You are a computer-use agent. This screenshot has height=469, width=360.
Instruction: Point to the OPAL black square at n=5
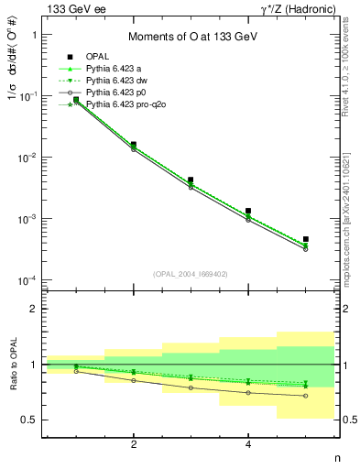click(x=306, y=239)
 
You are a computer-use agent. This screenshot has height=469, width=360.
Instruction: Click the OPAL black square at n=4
click(x=248, y=211)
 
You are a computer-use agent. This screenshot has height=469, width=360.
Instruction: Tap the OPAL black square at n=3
click(x=191, y=180)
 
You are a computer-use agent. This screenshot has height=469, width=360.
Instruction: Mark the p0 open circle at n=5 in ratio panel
click(x=306, y=396)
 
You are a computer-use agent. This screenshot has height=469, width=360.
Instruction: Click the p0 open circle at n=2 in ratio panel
click(x=134, y=380)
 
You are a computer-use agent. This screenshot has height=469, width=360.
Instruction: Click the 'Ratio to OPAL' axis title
click(x=12, y=365)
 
